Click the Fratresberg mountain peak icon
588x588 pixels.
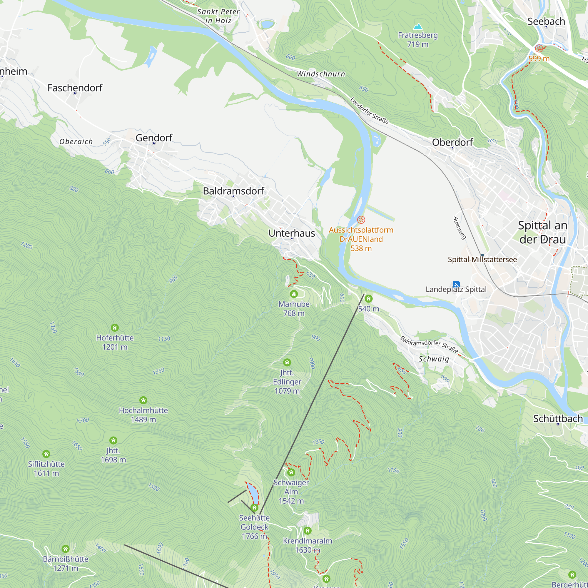(x=418, y=27)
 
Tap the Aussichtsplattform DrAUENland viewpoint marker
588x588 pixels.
(x=361, y=219)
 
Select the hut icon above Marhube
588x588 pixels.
(x=294, y=294)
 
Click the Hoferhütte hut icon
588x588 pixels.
(x=115, y=328)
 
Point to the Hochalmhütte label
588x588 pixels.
(x=143, y=410)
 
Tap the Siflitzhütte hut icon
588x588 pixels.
(x=46, y=454)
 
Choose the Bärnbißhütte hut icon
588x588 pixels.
(x=66, y=549)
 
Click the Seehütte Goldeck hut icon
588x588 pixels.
(x=254, y=507)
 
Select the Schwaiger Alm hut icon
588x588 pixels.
(x=291, y=472)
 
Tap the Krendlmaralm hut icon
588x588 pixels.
(x=308, y=531)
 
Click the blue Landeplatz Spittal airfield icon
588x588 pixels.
(x=456, y=284)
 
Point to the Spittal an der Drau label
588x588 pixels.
(x=543, y=232)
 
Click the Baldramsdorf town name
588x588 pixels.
(x=233, y=191)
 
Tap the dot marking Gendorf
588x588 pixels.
(x=154, y=143)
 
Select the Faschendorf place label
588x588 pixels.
(x=75, y=88)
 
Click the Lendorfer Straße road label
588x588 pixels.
(x=369, y=111)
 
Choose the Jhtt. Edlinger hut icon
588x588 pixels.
(x=287, y=362)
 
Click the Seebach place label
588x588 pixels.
(x=546, y=21)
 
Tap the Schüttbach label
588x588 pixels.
(x=558, y=418)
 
